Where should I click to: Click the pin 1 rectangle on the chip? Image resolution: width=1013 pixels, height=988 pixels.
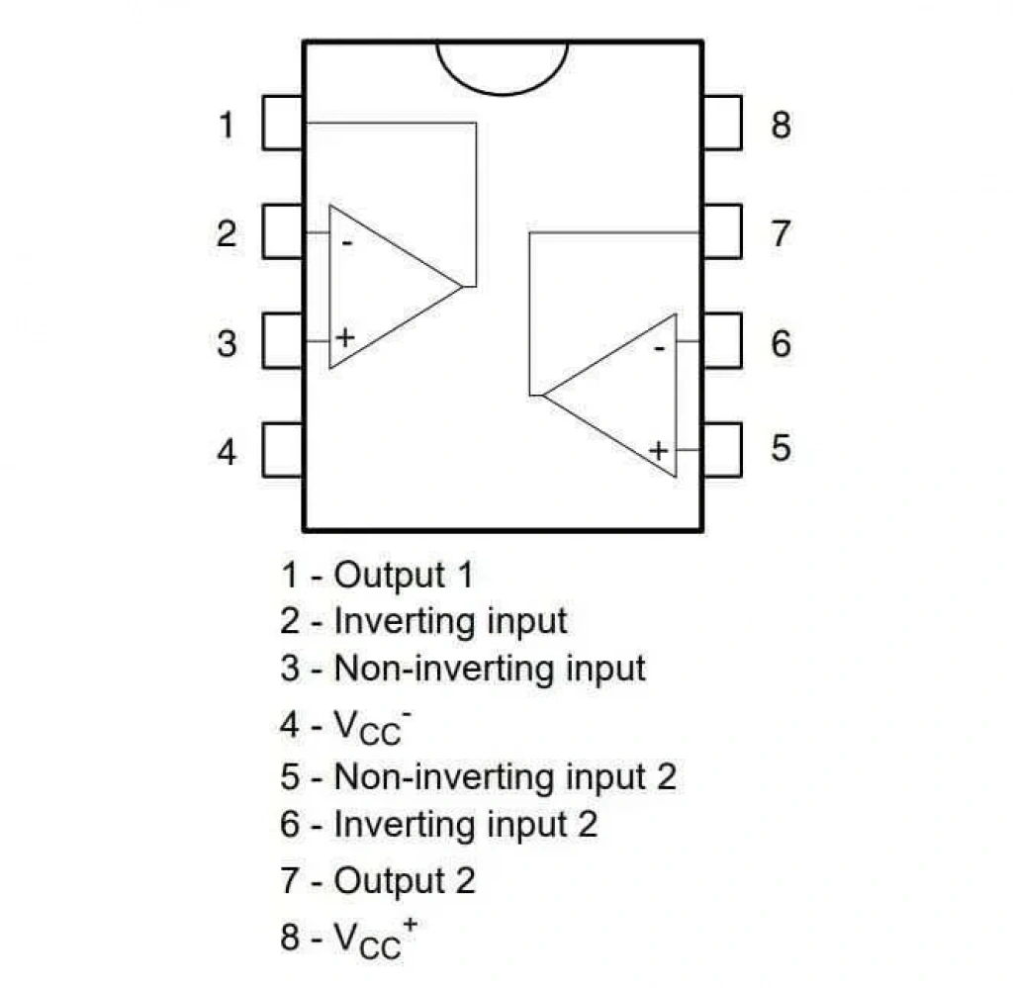[x=283, y=123]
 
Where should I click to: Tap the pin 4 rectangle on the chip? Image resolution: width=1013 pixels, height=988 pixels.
[x=283, y=450]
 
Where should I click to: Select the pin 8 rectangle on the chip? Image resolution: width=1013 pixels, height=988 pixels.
[x=722, y=123]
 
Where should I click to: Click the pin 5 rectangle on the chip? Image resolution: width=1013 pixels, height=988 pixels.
[x=722, y=450]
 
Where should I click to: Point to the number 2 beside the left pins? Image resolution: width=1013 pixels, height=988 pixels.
[x=227, y=233]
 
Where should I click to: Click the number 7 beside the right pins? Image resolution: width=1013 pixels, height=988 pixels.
[x=781, y=233]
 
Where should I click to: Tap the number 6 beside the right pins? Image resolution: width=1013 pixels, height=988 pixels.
[x=781, y=343]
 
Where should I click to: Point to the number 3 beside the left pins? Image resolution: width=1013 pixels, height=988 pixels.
[x=227, y=343]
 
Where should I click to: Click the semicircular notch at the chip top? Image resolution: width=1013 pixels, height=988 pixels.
[x=502, y=95]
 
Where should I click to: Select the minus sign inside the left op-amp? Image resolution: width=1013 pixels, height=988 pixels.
[x=347, y=243]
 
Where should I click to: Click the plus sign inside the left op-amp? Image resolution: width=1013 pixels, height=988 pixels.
[x=345, y=337]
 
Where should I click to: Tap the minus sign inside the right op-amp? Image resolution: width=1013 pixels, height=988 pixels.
[x=659, y=349]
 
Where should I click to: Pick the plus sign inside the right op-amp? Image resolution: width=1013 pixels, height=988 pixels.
[x=658, y=450]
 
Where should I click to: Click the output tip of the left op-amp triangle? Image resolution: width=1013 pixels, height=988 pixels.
[x=463, y=286]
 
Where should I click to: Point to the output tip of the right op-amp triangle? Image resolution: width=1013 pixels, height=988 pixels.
[x=543, y=395]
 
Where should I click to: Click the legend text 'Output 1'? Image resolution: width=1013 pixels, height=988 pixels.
[x=404, y=575]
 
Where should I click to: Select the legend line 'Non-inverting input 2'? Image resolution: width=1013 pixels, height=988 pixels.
[x=478, y=776]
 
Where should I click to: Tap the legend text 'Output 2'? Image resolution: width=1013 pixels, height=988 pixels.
[x=405, y=881]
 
